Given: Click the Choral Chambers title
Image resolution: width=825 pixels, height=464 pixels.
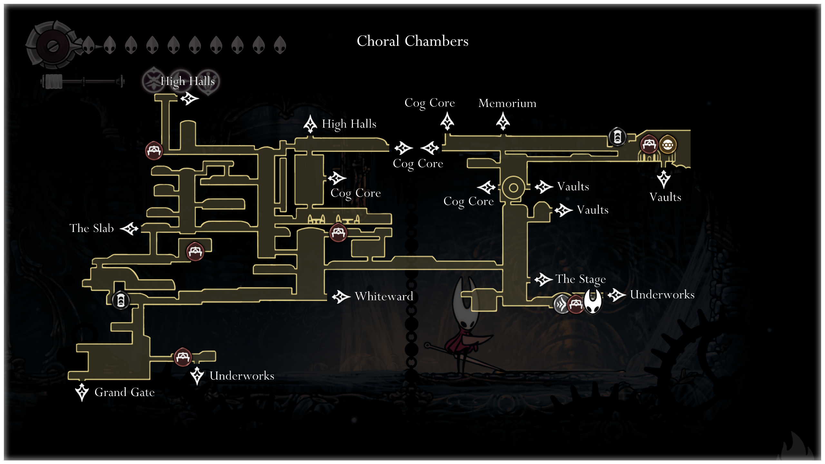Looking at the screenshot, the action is click(x=412, y=41).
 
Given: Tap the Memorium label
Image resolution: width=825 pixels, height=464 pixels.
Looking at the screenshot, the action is click(x=507, y=103).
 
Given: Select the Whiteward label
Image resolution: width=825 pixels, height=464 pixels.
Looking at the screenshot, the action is click(x=384, y=296).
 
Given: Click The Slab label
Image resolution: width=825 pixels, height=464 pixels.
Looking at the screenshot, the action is click(x=92, y=228).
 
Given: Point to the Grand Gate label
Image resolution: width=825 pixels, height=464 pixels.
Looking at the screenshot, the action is click(x=124, y=392).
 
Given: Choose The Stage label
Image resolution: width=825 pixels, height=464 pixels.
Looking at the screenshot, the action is click(x=581, y=279).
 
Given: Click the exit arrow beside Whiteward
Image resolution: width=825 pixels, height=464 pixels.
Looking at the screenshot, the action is click(x=341, y=297).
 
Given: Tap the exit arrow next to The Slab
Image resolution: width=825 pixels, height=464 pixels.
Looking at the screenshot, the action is click(x=129, y=228).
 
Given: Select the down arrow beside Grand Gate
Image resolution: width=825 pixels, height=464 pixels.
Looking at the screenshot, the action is click(x=82, y=392).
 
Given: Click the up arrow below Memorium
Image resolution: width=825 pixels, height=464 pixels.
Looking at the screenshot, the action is click(x=503, y=121).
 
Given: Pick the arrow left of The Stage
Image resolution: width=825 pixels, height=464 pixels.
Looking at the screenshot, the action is click(x=544, y=279).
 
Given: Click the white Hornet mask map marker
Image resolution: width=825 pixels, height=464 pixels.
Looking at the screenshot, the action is click(x=593, y=301).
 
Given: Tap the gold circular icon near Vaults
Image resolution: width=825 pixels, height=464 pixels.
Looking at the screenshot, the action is click(x=668, y=145).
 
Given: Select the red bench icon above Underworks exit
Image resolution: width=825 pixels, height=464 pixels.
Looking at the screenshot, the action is click(x=183, y=357).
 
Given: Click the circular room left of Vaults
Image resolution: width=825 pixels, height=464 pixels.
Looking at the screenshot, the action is click(x=513, y=188).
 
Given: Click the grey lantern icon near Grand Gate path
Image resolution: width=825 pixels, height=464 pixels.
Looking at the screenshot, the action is click(x=121, y=300).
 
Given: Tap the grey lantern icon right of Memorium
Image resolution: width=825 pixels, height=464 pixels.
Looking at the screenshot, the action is click(x=617, y=137).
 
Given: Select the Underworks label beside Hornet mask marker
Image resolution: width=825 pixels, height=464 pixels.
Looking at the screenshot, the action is click(x=662, y=295).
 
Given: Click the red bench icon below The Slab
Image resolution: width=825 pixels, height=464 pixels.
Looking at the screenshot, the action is click(x=195, y=251).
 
